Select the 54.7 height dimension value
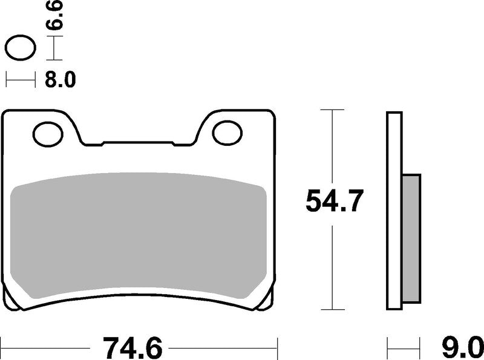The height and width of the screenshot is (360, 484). tap(334, 201)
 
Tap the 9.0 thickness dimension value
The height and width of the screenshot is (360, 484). tap(462, 348)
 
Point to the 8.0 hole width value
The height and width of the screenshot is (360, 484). tap(60, 80)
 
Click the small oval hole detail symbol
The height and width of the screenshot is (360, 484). tap(20, 48)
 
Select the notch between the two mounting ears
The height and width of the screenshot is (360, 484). tap(139, 144)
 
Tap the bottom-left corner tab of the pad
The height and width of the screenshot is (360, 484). tap(11, 296)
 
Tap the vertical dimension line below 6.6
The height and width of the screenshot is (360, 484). tap(55, 48)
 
